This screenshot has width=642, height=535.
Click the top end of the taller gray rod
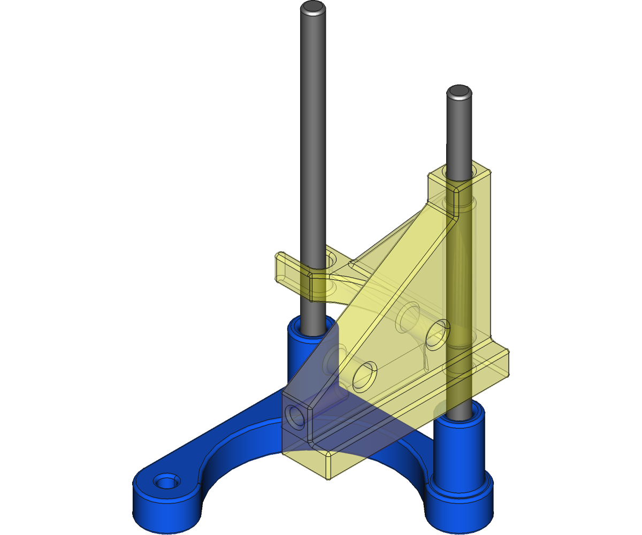point(312,7)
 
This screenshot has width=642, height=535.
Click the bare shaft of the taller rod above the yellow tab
point(312,134)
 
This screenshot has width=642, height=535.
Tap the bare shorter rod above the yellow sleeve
point(459,134)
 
